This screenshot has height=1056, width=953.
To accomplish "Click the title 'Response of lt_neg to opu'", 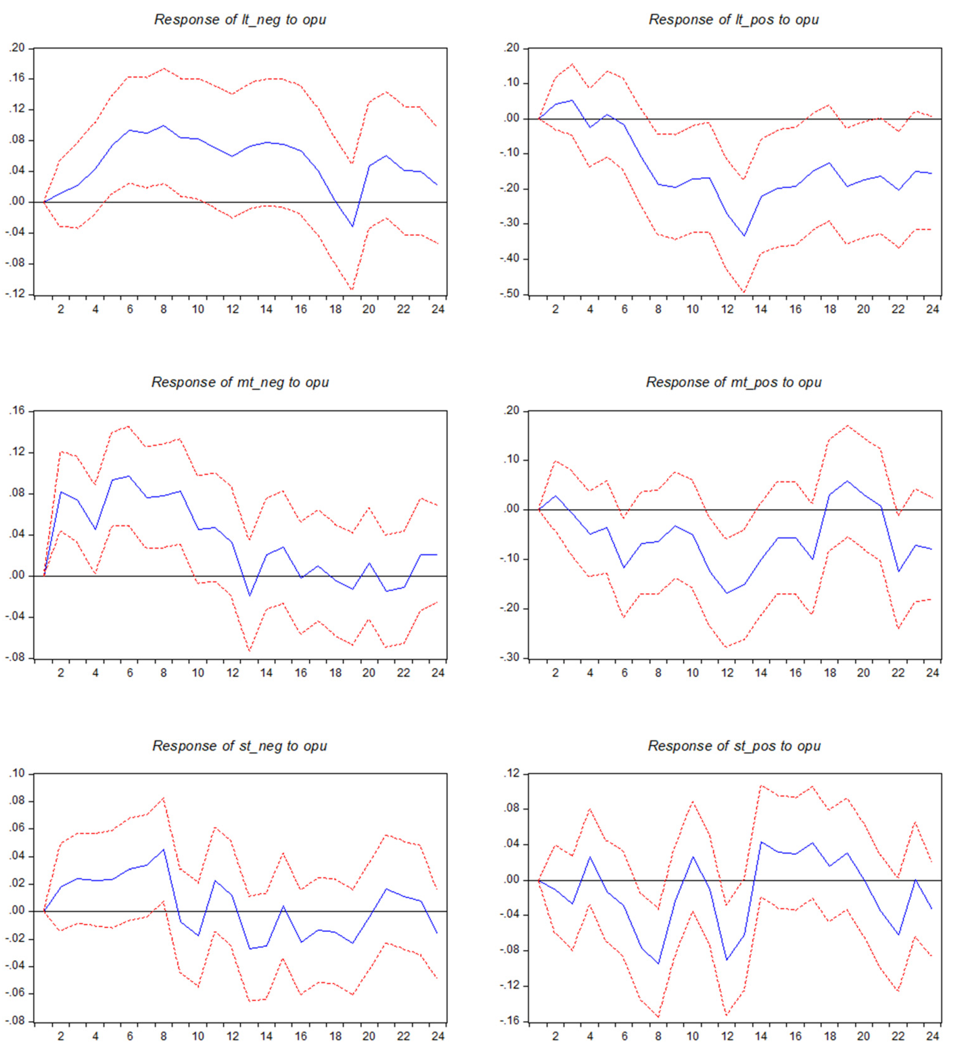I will pyautogui.click(x=240, y=20).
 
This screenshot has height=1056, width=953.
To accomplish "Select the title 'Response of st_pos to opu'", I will pyautogui.click(x=734, y=746).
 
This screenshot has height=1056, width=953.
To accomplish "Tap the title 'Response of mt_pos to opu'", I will pyautogui.click(x=734, y=382).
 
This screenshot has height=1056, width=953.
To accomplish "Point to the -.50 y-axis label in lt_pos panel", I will pyautogui.click(x=511, y=294).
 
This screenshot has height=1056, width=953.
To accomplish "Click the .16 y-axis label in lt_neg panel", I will pyautogui.click(x=17, y=79).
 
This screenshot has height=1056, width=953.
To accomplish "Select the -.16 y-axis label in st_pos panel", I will pyautogui.click(x=511, y=1021).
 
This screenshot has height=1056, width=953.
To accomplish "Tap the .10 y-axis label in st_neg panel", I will pyautogui.click(x=17, y=773).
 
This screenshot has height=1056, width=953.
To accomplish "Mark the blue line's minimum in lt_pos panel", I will pyautogui.click(x=744, y=236).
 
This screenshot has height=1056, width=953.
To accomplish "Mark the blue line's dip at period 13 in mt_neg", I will pyautogui.click(x=249, y=596).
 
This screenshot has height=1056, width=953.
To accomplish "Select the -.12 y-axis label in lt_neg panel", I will pyautogui.click(x=16, y=294).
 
